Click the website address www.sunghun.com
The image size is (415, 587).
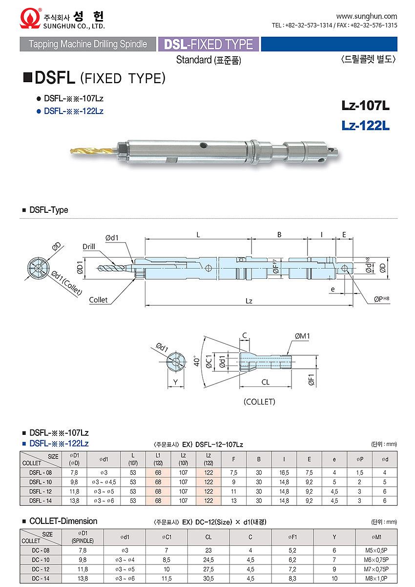pos(366,16)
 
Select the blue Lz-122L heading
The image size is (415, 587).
pos(365,125)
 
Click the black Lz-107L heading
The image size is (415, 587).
pos(365,105)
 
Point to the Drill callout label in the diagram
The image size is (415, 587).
pos(89,247)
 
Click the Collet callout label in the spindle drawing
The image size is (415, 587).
pos(98,300)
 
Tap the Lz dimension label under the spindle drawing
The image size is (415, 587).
pos(249,301)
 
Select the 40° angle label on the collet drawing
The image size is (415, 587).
pos(197,361)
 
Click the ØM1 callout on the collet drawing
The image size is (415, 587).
pos(302,336)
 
